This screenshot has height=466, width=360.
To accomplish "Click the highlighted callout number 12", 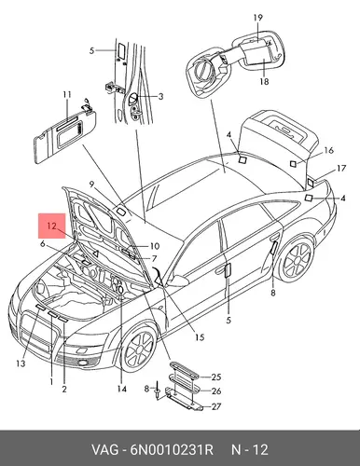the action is (x=51, y=226).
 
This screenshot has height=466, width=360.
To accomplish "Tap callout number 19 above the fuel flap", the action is (x=257, y=18).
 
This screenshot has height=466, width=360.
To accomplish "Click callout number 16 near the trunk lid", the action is (x=328, y=150).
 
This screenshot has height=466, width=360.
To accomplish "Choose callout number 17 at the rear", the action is (x=341, y=169).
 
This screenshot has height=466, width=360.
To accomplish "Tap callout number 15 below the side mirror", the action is (x=200, y=337).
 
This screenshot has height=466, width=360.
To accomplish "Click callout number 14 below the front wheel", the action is (x=122, y=389).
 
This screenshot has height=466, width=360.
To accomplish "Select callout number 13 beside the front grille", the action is (x=21, y=363).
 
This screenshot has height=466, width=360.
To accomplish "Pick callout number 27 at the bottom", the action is (x=215, y=406).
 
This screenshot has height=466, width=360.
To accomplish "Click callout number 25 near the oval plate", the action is (x=215, y=377).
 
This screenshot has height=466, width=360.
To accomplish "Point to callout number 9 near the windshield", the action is (x=91, y=185).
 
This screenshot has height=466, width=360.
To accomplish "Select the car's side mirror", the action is (x=178, y=281).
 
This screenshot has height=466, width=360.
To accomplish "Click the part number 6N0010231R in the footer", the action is (x=169, y=449).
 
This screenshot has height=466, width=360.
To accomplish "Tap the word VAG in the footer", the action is (x=104, y=449).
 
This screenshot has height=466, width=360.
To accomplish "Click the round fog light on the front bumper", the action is (x=83, y=363).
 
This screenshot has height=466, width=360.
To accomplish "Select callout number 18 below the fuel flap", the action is (x=264, y=81).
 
